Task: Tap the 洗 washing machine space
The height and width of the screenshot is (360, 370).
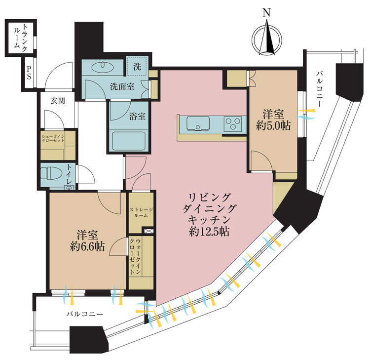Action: coord(136,65)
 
